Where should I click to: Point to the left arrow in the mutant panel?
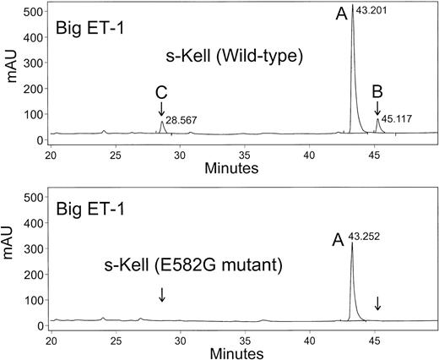tap(161, 294)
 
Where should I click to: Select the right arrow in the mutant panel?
tap(377, 303)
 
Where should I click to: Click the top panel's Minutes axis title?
tap(231, 168)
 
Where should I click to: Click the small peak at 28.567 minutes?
tap(162, 122)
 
